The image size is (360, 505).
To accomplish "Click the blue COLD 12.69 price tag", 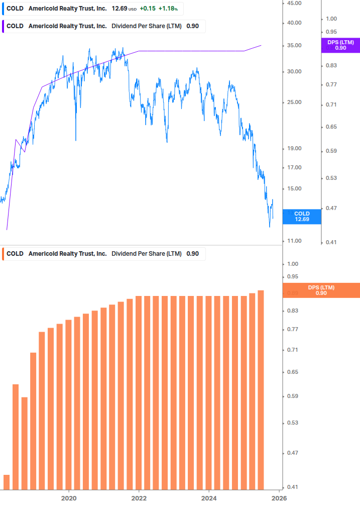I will coord(302,217).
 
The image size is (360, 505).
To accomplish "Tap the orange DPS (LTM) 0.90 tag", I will coord(321,290).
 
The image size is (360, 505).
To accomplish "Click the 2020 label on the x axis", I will coord(68,497).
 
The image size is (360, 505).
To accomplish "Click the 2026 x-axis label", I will coord(279,497).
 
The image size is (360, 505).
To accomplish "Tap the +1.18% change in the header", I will coord(169,9).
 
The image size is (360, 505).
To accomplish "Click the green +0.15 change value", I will coord(147,9).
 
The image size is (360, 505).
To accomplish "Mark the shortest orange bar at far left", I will coord(7,482).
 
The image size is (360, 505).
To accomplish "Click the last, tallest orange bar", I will coord(261,390).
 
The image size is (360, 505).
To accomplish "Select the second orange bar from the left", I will coord(16,437).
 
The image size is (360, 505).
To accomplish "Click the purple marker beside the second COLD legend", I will coord(4,26).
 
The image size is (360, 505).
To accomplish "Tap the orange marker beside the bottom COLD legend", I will coord(4,254).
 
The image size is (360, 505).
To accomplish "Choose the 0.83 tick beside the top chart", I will coord(331,66).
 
